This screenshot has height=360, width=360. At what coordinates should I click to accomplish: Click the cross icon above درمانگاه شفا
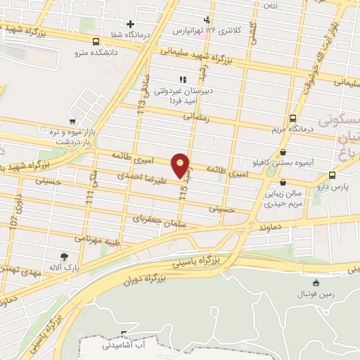click(x=130, y=25)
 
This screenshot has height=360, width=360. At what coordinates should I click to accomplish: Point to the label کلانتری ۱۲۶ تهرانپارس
click(x=211, y=32)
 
